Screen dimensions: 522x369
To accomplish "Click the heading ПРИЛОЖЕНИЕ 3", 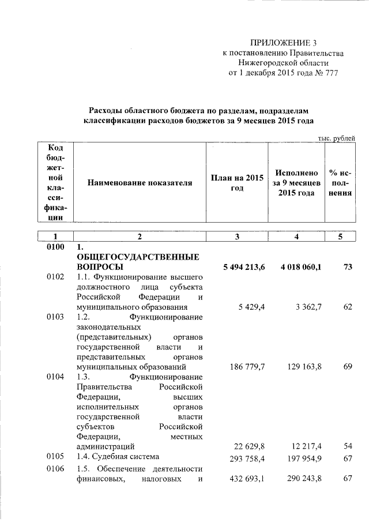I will tap(283, 43).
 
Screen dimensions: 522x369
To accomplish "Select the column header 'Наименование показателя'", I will tap(139, 183).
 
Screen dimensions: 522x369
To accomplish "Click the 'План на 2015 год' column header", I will tap(237, 183).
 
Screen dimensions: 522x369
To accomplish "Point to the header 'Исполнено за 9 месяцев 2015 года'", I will tap(297, 183).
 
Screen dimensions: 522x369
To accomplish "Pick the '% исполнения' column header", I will tap(340, 183).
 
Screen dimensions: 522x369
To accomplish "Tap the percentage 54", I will tap(347, 446).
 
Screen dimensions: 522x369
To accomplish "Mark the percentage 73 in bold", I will tap(347, 267).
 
